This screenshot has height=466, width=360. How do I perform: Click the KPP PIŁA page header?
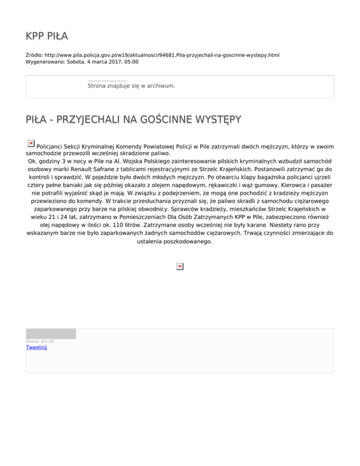[47, 37]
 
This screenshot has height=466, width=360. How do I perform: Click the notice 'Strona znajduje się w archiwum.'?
[131, 86]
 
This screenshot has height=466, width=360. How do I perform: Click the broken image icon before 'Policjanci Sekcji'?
[30, 143]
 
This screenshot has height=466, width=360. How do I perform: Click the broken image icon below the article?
[180, 266]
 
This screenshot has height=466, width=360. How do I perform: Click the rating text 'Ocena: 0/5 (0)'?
[40, 341]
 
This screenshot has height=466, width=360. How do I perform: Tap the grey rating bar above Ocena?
[51, 334]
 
